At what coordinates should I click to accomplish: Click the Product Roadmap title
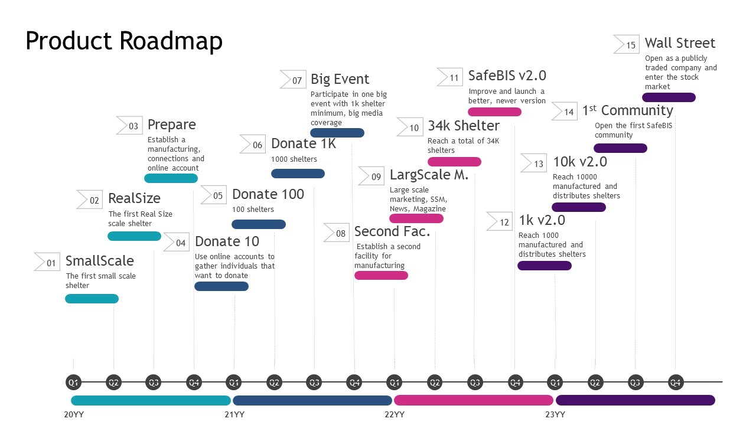[x=124, y=41]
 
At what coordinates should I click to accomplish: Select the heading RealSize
[x=134, y=198]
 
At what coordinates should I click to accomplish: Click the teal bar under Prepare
[x=171, y=178]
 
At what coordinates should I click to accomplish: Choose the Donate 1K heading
[x=303, y=144]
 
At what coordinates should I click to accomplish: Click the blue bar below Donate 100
[x=258, y=224]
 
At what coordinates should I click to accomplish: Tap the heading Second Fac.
[x=392, y=232]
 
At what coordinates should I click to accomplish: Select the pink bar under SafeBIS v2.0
[x=494, y=112]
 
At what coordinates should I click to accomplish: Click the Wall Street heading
[x=680, y=43]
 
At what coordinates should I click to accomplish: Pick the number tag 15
[x=627, y=45]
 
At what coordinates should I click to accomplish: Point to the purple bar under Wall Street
[x=669, y=97]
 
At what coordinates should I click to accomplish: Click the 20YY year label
[x=74, y=414]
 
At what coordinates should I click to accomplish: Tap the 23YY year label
[x=555, y=414]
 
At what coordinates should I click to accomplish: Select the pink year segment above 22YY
[x=473, y=400]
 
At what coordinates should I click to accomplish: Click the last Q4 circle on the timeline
[x=676, y=382]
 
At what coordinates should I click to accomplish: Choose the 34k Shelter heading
[x=464, y=126]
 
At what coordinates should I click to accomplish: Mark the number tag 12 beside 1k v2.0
[x=500, y=222]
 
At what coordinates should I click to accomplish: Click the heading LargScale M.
[x=429, y=175]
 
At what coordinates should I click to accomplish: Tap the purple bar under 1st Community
[x=620, y=148]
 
